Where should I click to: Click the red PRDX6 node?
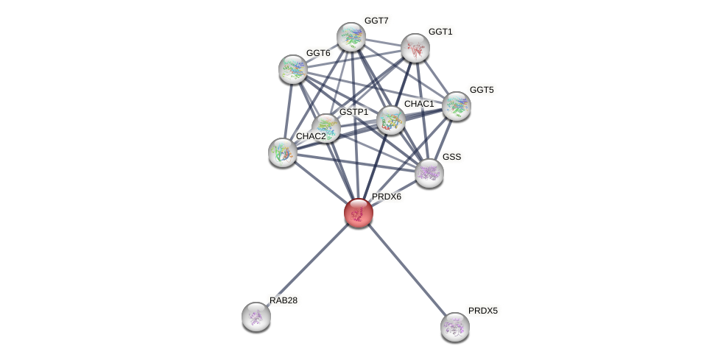(x=359, y=213)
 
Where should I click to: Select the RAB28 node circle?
(x=256, y=317)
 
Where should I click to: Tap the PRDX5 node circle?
(x=454, y=326)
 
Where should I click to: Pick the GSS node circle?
(x=429, y=173)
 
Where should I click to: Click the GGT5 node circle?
(x=457, y=106)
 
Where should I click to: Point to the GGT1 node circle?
(x=415, y=48)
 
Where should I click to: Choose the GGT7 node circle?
(x=351, y=37)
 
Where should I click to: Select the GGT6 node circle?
(x=293, y=68)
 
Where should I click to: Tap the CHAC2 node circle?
(x=282, y=152)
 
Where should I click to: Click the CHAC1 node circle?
(x=390, y=120)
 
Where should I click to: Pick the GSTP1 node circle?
(x=325, y=128)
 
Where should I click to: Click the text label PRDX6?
(x=387, y=197)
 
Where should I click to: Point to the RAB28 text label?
(x=284, y=300)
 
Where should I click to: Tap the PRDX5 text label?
(x=483, y=311)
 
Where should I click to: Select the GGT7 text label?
(x=376, y=21)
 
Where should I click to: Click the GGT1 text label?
(x=440, y=32)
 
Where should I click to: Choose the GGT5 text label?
(x=482, y=90)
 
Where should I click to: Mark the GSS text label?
(x=451, y=157)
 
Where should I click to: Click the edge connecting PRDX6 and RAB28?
(x=307, y=265)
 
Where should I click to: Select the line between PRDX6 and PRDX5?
(x=406, y=269)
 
